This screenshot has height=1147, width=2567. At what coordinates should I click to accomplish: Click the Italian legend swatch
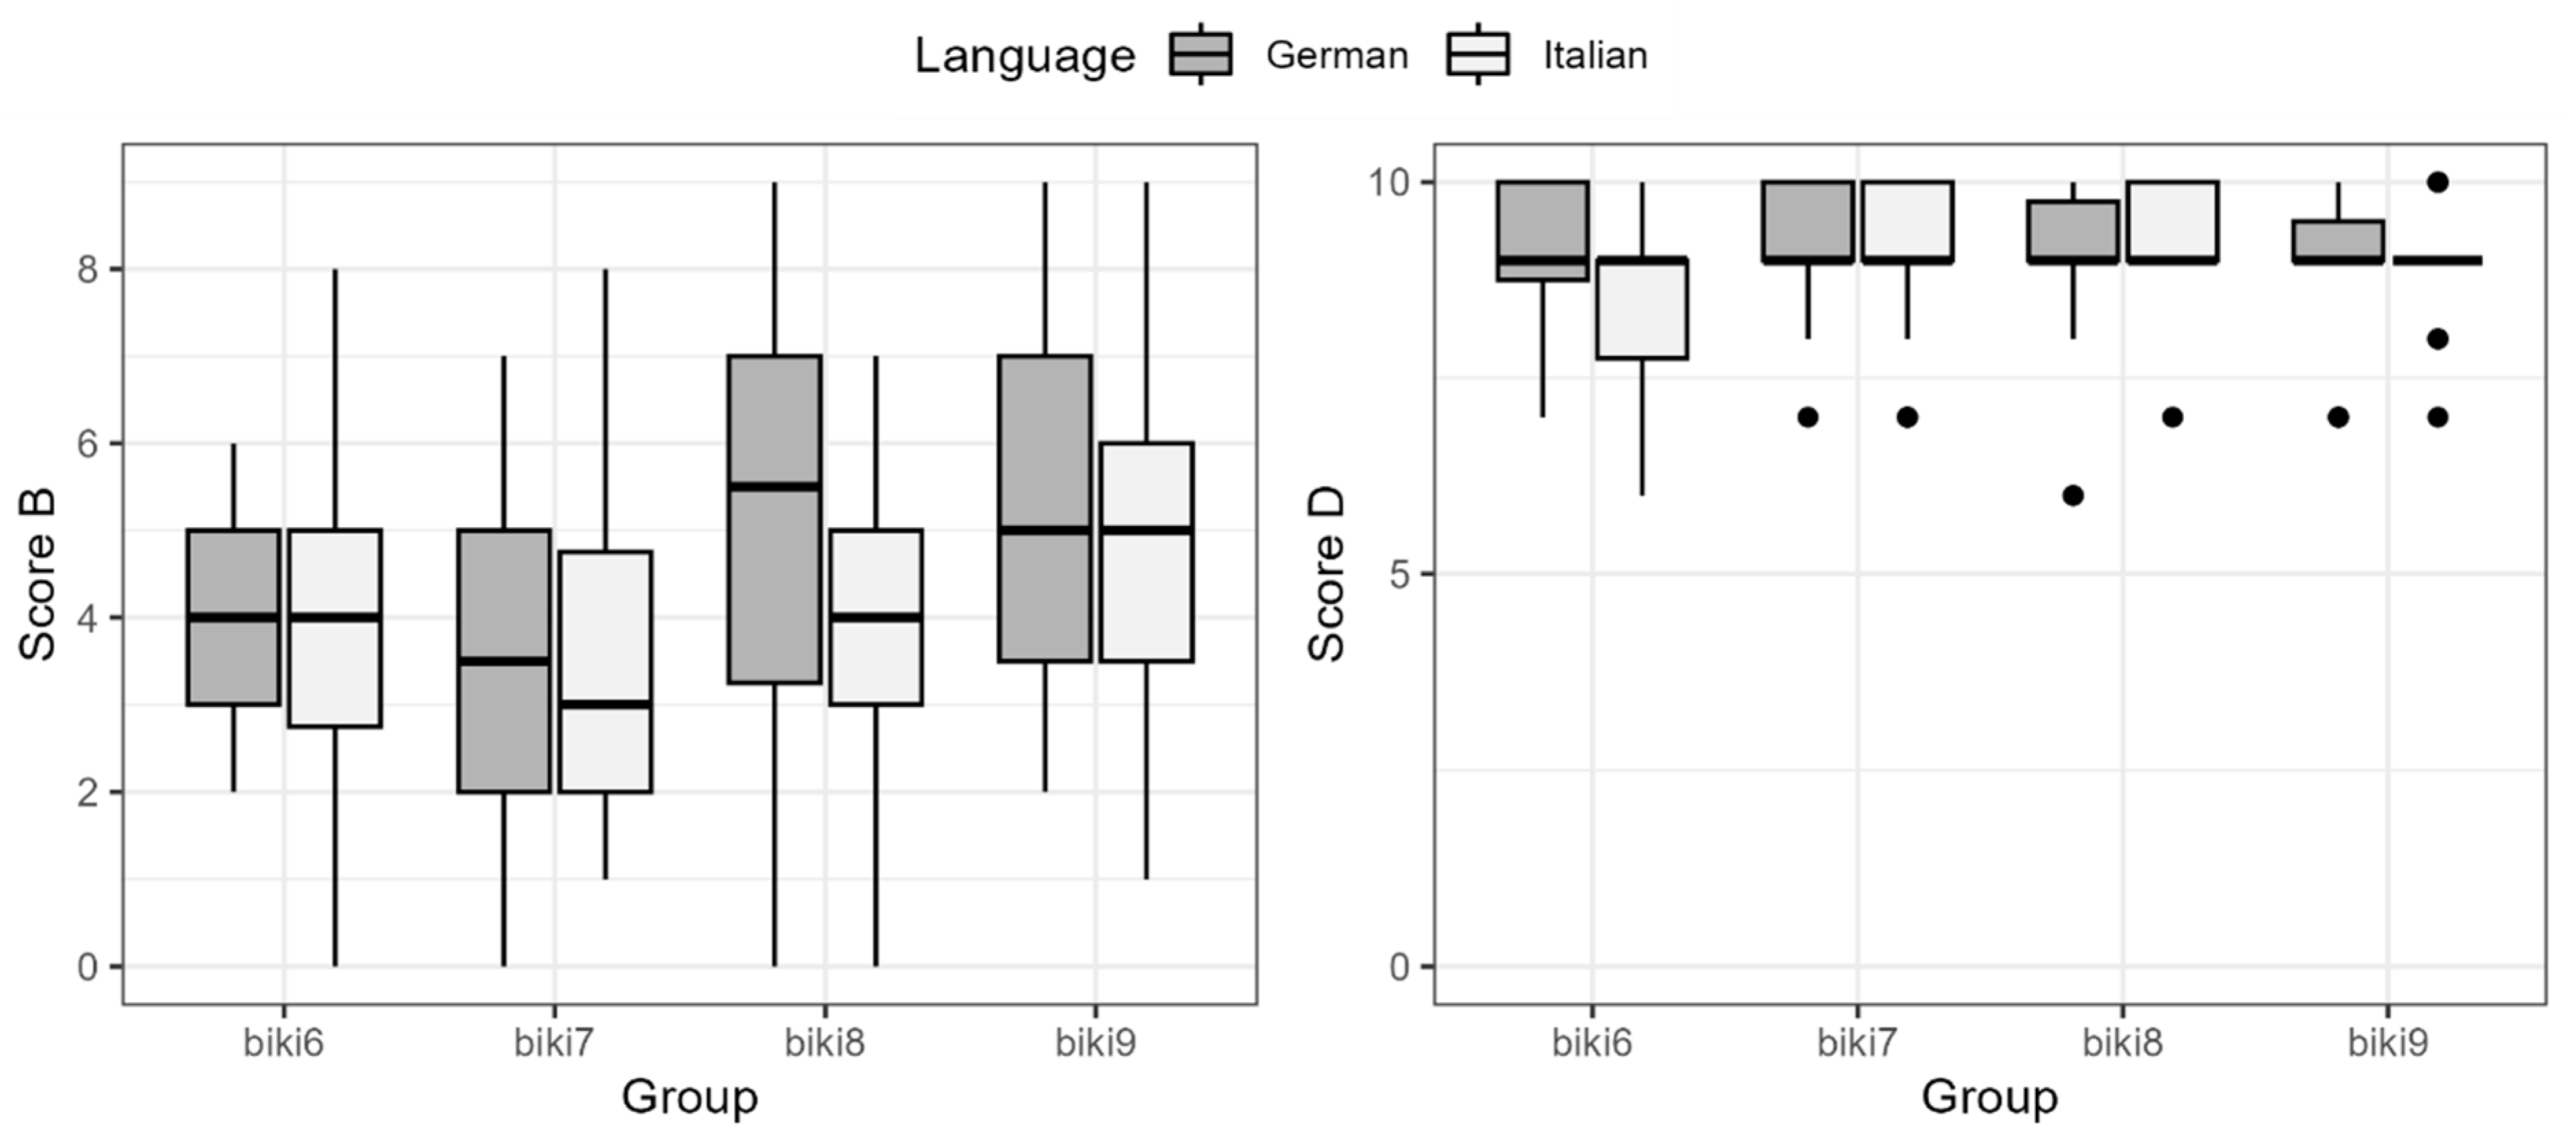tap(1477, 55)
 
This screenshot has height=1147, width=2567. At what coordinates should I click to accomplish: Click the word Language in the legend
tap(1025, 56)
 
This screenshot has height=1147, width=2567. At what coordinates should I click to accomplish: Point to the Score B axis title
tap(38, 575)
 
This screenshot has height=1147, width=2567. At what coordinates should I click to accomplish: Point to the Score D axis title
tap(1326, 575)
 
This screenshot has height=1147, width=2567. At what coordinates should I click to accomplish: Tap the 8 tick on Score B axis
tap(88, 269)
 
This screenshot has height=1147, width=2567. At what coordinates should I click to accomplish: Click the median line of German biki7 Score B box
tap(503, 661)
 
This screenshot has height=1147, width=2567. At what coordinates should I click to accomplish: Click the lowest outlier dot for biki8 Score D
tap(2073, 495)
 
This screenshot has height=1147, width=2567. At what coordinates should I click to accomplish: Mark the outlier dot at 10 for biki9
tap(2437, 182)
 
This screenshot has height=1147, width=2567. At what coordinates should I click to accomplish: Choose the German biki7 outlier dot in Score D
tap(1808, 418)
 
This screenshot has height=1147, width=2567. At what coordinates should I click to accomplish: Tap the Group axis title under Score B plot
tap(690, 1097)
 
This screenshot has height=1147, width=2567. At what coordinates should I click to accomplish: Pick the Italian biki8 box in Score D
tap(2172, 219)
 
